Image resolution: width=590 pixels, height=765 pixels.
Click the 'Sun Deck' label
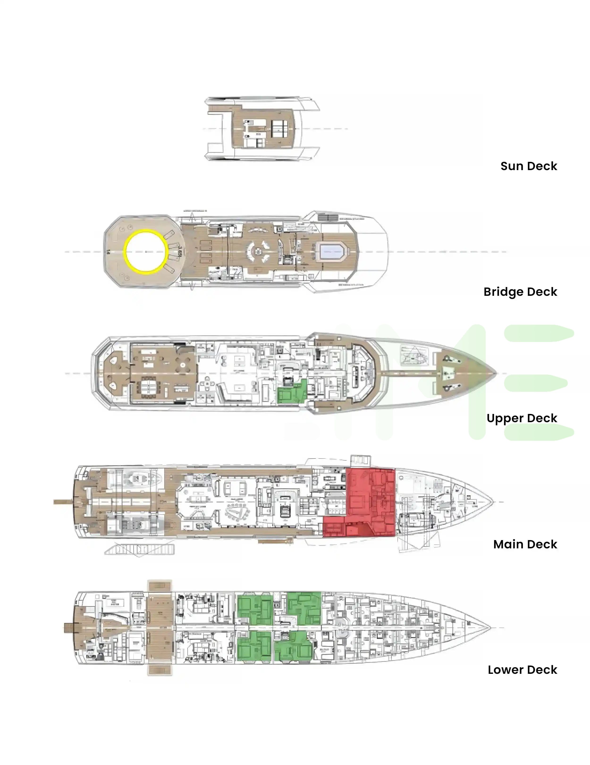[x=528, y=166]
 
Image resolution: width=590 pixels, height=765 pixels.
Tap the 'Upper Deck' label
[x=521, y=418]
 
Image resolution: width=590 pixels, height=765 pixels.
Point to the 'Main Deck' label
[x=525, y=544]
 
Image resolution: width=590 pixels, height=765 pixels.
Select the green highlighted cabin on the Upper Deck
[x=292, y=393]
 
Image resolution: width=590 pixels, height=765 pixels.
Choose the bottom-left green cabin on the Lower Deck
[x=254, y=646]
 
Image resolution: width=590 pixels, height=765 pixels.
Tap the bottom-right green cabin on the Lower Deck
[x=293, y=646]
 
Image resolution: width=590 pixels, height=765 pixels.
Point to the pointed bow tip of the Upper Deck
[x=495, y=373]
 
